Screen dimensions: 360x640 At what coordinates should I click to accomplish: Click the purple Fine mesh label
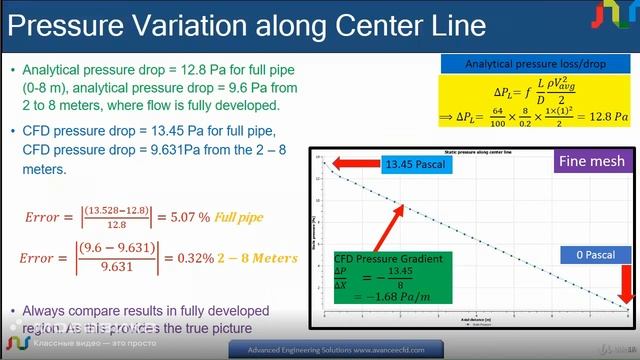click(592, 160)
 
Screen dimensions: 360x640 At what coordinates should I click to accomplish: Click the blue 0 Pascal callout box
click(593, 256)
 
